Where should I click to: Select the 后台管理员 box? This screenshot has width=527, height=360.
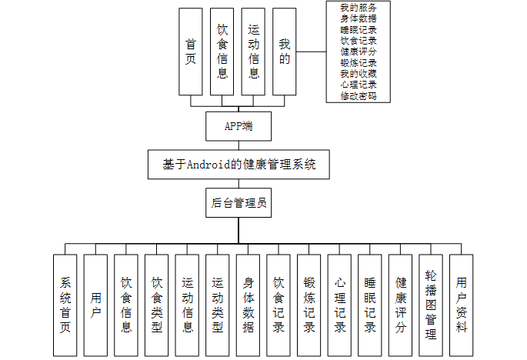pyautogui.click(x=238, y=204)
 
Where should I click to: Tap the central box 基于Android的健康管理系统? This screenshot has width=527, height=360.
pyautogui.click(x=238, y=165)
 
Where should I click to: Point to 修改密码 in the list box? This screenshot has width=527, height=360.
pyautogui.click(x=359, y=96)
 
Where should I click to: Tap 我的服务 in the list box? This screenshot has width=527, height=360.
pyautogui.click(x=359, y=7)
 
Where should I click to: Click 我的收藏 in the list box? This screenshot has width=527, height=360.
pyautogui.click(x=359, y=74)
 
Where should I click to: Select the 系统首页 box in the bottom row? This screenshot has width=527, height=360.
pyautogui.click(x=65, y=305)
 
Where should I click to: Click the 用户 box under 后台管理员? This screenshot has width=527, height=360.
pyautogui.click(x=95, y=305)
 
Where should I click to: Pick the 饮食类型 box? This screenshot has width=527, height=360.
pyautogui.click(x=157, y=305)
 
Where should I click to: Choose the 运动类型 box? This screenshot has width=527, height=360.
pyautogui.click(x=218, y=305)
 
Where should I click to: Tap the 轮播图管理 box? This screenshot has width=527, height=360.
pyautogui.click(x=431, y=305)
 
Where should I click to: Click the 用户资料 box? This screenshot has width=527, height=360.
pyautogui.click(x=462, y=305)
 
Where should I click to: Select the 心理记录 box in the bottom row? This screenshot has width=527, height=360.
pyautogui.click(x=339, y=305)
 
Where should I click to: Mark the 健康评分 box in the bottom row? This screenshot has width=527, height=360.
pyautogui.click(x=400, y=305)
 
